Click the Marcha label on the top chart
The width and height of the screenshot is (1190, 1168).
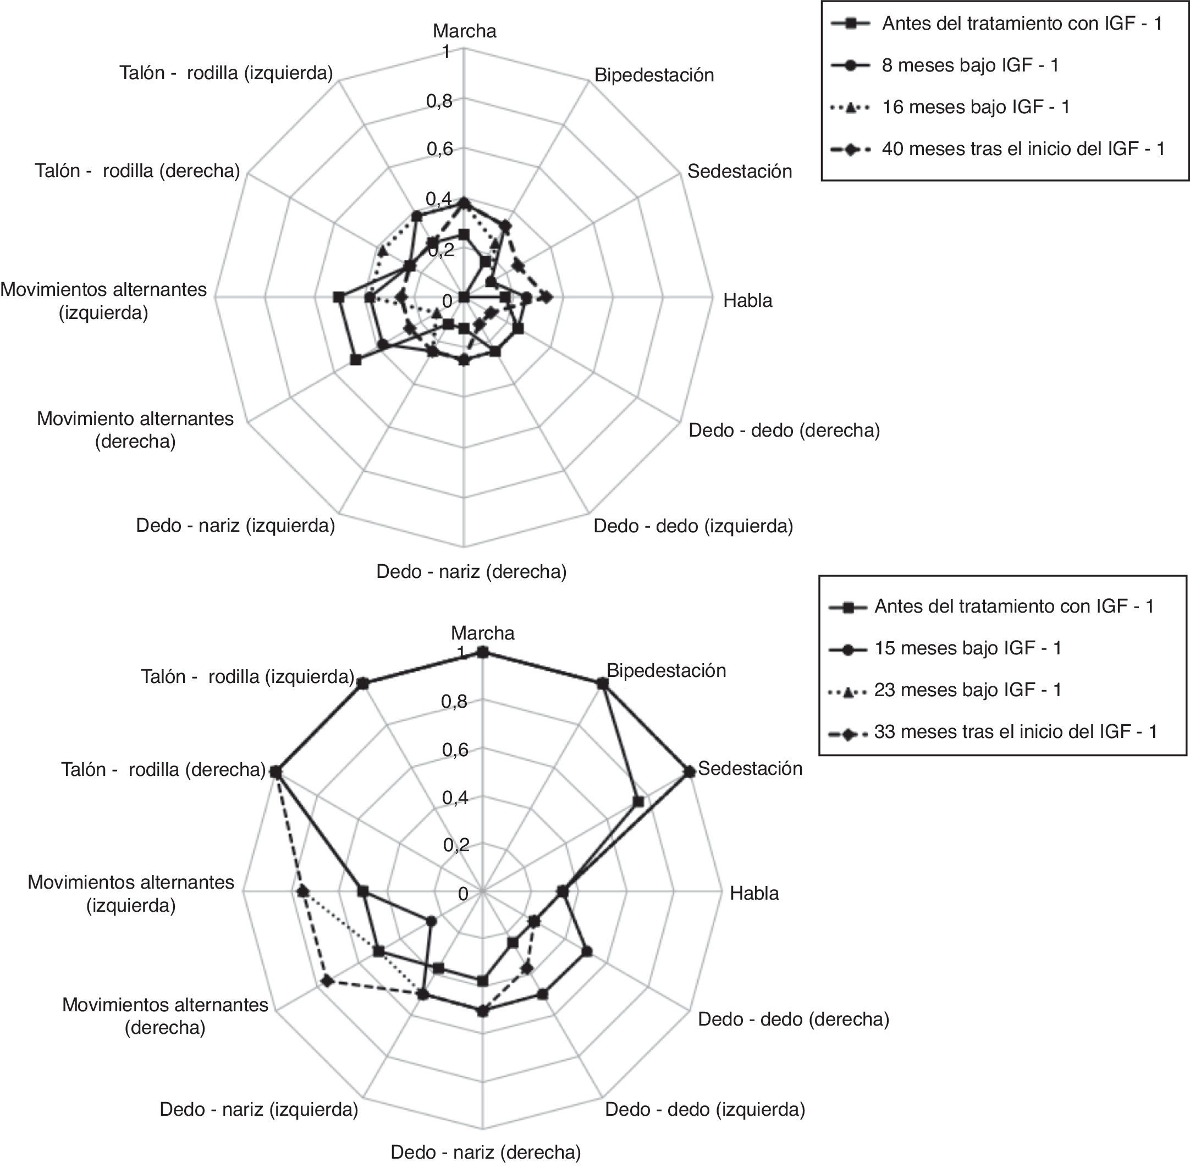click(464, 31)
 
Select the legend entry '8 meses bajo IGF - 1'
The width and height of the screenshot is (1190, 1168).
click(970, 65)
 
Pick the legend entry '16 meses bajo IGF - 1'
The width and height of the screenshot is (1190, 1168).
click(976, 107)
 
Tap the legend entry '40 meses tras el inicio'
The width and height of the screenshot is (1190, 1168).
click(1022, 148)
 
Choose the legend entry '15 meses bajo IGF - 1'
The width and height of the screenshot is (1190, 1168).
click(967, 648)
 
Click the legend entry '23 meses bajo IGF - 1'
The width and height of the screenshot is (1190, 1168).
click(967, 690)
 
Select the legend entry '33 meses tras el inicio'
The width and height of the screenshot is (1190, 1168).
click(1015, 731)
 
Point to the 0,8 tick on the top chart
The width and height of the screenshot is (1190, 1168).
click(439, 101)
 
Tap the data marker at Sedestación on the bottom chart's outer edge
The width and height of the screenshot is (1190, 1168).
click(690, 772)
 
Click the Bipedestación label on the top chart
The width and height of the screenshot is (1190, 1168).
click(654, 75)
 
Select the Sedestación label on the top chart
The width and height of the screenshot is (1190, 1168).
click(739, 170)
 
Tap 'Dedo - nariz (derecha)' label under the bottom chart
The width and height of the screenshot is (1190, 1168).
click(485, 1152)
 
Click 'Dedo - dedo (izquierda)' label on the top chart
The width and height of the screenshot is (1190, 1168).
click(692, 526)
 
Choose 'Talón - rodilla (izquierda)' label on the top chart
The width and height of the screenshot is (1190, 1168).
click(227, 73)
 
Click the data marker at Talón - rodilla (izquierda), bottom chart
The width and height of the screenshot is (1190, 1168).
click(362, 684)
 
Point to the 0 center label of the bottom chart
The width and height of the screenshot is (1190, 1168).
click(464, 893)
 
